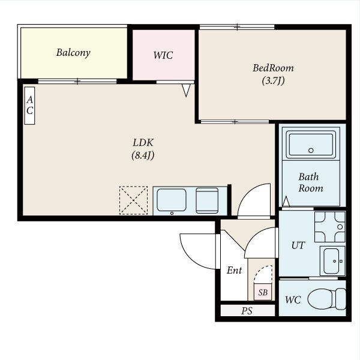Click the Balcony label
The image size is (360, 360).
click(x=73, y=53)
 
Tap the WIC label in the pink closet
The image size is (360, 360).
click(x=163, y=55)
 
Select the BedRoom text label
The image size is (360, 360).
click(x=273, y=68)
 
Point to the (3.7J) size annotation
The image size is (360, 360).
click(x=273, y=80)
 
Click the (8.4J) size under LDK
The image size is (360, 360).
click(x=143, y=155)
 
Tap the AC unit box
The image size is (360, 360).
click(x=29, y=106)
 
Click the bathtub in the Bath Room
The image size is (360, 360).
click(x=311, y=144)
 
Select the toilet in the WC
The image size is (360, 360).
click(x=326, y=299)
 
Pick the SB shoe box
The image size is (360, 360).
click(x=263, y=292)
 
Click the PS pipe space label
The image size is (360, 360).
click(x=247, y=311)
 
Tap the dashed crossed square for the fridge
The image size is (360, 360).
click(x=133, y=200)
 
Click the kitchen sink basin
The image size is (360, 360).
click(x=171, y=200)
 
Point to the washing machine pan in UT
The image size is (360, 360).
click(x=329, y=227)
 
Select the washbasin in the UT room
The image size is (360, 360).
click(x=332, y=261)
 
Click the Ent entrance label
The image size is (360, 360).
click(x=234, y=270)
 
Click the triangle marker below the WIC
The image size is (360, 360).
click(x=186, y=90)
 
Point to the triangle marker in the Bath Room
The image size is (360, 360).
click(x=286, y=202)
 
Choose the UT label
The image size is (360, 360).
click(x=298, y=245)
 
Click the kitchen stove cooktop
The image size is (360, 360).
click(x=207, y=200)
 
